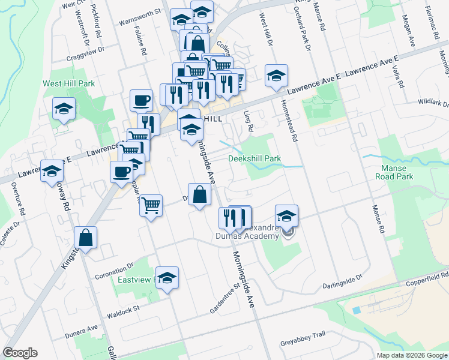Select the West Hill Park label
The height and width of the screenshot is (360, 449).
67,84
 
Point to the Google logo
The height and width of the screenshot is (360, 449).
20,353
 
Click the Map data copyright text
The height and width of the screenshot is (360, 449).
411,355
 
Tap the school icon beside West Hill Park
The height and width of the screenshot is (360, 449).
64,109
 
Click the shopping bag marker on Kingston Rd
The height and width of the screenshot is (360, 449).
86,238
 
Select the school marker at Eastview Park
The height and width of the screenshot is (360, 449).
167,278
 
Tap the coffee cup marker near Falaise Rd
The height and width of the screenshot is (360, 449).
142,100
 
